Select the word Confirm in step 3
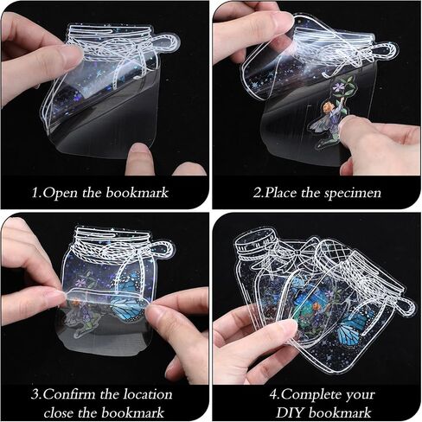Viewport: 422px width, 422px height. [x=68, y=393]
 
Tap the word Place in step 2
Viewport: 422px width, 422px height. [x=281, y=192]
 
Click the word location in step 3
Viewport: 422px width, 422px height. [x=148, y=393]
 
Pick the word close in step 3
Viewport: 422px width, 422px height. [x=59, y=412]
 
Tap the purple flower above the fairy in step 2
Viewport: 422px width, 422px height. [x=337, y=86]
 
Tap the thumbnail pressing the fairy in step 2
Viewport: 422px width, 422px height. [x=347, y=125]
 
